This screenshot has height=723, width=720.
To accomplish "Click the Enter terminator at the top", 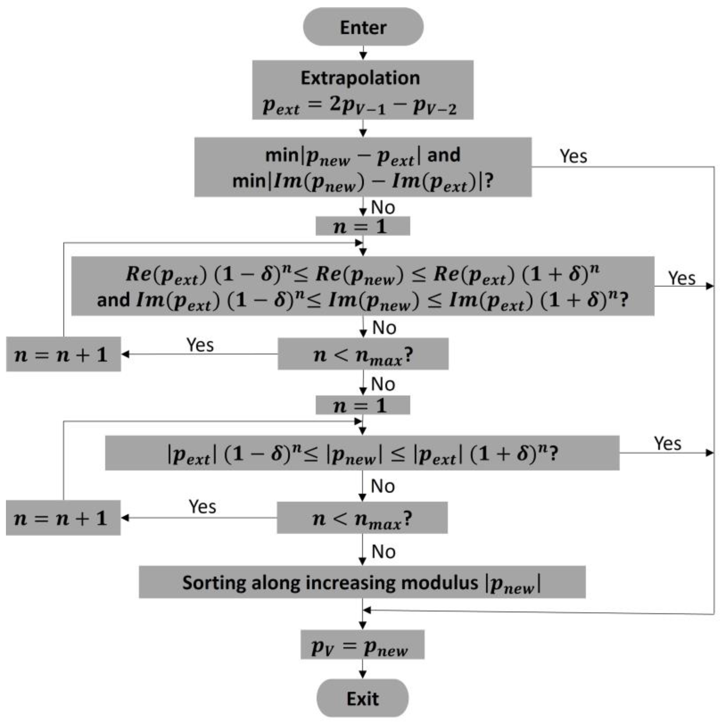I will click(x=363, y=27).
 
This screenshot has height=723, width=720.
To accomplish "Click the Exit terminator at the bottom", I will click(x=362, y=698).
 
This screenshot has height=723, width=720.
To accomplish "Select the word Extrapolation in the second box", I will click(x=360, y=78).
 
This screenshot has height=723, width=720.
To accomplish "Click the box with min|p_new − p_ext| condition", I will click(x=362, y=167).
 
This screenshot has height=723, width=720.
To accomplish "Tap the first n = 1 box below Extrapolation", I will click(x=362, y=226).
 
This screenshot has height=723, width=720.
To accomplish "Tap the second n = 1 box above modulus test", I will click(x=362, y=405).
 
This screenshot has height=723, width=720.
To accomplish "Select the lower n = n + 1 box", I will click(x=63, y=518).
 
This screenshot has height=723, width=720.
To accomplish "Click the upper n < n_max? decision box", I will click(x=362, y=354).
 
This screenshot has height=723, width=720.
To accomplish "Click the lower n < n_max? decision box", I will click(x=362, y=518).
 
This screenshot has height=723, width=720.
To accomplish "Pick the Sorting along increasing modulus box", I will click(x=362, y=582).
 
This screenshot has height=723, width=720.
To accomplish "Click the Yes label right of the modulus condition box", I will click(x=667, y=443).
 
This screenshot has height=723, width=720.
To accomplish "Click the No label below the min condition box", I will click(x=383, y=207).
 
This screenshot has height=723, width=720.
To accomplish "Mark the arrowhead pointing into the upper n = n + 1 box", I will click(x=125, y=354).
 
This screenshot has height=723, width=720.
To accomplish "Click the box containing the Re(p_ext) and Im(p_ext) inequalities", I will click(x=362, y=286).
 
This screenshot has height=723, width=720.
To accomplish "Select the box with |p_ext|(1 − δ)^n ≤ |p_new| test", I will click(x=362, y=453).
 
